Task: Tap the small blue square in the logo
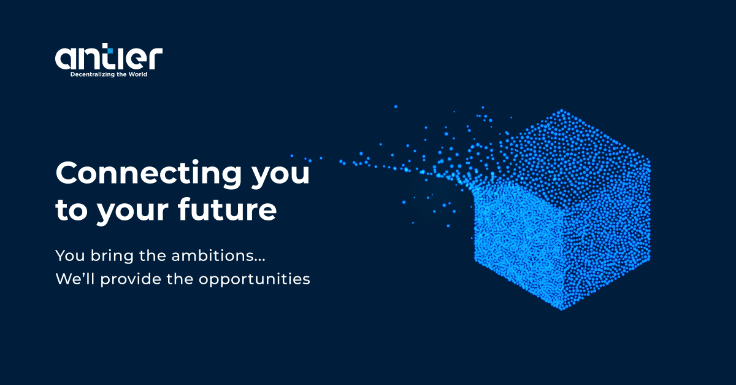(x=110, y=50)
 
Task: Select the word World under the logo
(x=137, y=74)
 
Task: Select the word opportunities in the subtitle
(x=255, y=280)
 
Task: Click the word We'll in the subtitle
(x=75, y=278)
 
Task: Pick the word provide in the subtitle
(x=131, y=279)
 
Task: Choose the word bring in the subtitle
(x=112, y=256)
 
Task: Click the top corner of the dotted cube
(x=562, y=111)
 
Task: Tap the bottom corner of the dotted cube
(x=562, y=309)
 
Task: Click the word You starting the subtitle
(x=71, y=255)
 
